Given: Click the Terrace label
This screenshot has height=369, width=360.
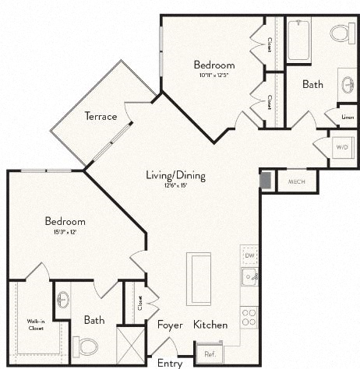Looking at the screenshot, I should click(101, 117).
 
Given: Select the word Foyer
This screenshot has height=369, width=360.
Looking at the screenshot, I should click(170, 325).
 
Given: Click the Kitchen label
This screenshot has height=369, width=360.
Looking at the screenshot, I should click(210, 325).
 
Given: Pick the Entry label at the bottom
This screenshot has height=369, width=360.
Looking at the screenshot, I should click(170, 363).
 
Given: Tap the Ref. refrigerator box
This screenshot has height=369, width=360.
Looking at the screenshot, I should click(210, 353).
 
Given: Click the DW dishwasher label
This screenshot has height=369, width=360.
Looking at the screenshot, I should click(249, 255).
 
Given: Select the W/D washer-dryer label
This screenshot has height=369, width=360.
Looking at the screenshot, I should click(342, 146).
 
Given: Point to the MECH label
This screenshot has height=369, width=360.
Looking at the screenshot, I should click(296, 181).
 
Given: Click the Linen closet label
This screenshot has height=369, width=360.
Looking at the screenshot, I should click(347, 117).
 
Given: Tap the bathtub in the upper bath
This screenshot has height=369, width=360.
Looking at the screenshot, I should click(299, 39).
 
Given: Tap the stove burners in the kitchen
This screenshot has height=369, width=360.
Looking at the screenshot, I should click(249, 317).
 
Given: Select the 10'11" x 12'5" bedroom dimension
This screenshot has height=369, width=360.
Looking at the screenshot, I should click(214, 75).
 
